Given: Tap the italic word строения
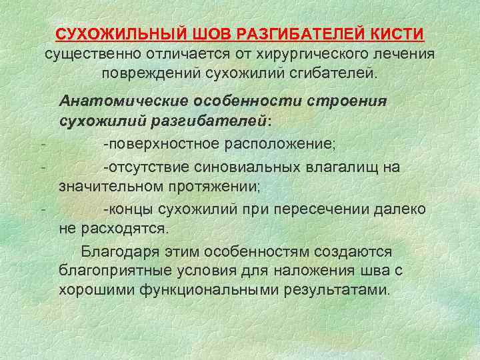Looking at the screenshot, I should (x=349, y=100).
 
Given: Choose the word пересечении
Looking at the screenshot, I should (x=320, y=208).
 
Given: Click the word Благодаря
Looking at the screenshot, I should (x=117, y=251).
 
